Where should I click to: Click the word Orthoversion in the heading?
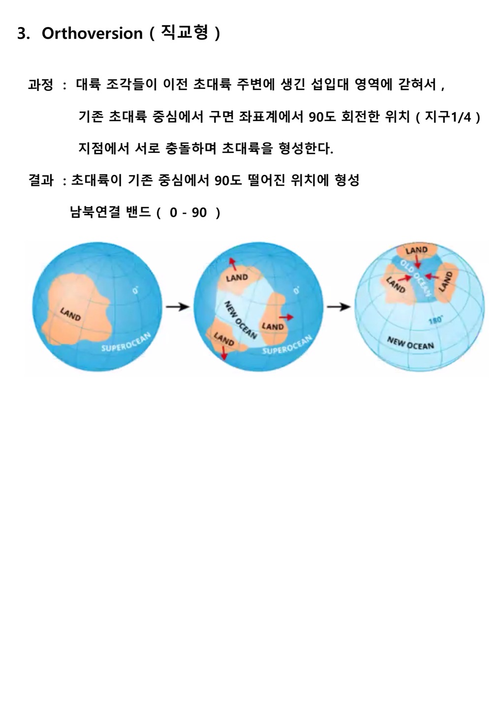(x=92, y=33)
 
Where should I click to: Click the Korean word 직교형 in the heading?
(x=185, y=32)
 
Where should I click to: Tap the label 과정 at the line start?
(x=40, y=85)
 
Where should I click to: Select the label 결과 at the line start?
(x=41, y=180)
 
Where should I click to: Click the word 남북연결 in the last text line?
(x=95, y=212)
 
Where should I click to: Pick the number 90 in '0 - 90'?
(x=199, y=212)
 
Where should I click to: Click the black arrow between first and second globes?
(x=178, y=306)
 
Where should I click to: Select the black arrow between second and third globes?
(x=339, y=307)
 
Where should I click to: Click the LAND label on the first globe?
(x=70, y=315)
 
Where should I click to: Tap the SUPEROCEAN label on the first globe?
(x=126, y=342)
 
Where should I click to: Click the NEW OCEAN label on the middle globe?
(x=240, y=320)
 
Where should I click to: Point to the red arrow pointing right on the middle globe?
(x=286, y=317)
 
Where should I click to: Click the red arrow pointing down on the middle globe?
(x=224, y=353)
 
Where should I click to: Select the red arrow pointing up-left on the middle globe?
(x=232, y=264)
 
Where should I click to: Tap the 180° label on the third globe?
(x=435, y=321)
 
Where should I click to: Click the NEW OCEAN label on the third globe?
(x=410, y=343)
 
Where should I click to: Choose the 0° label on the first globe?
(x=135, y=290)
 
